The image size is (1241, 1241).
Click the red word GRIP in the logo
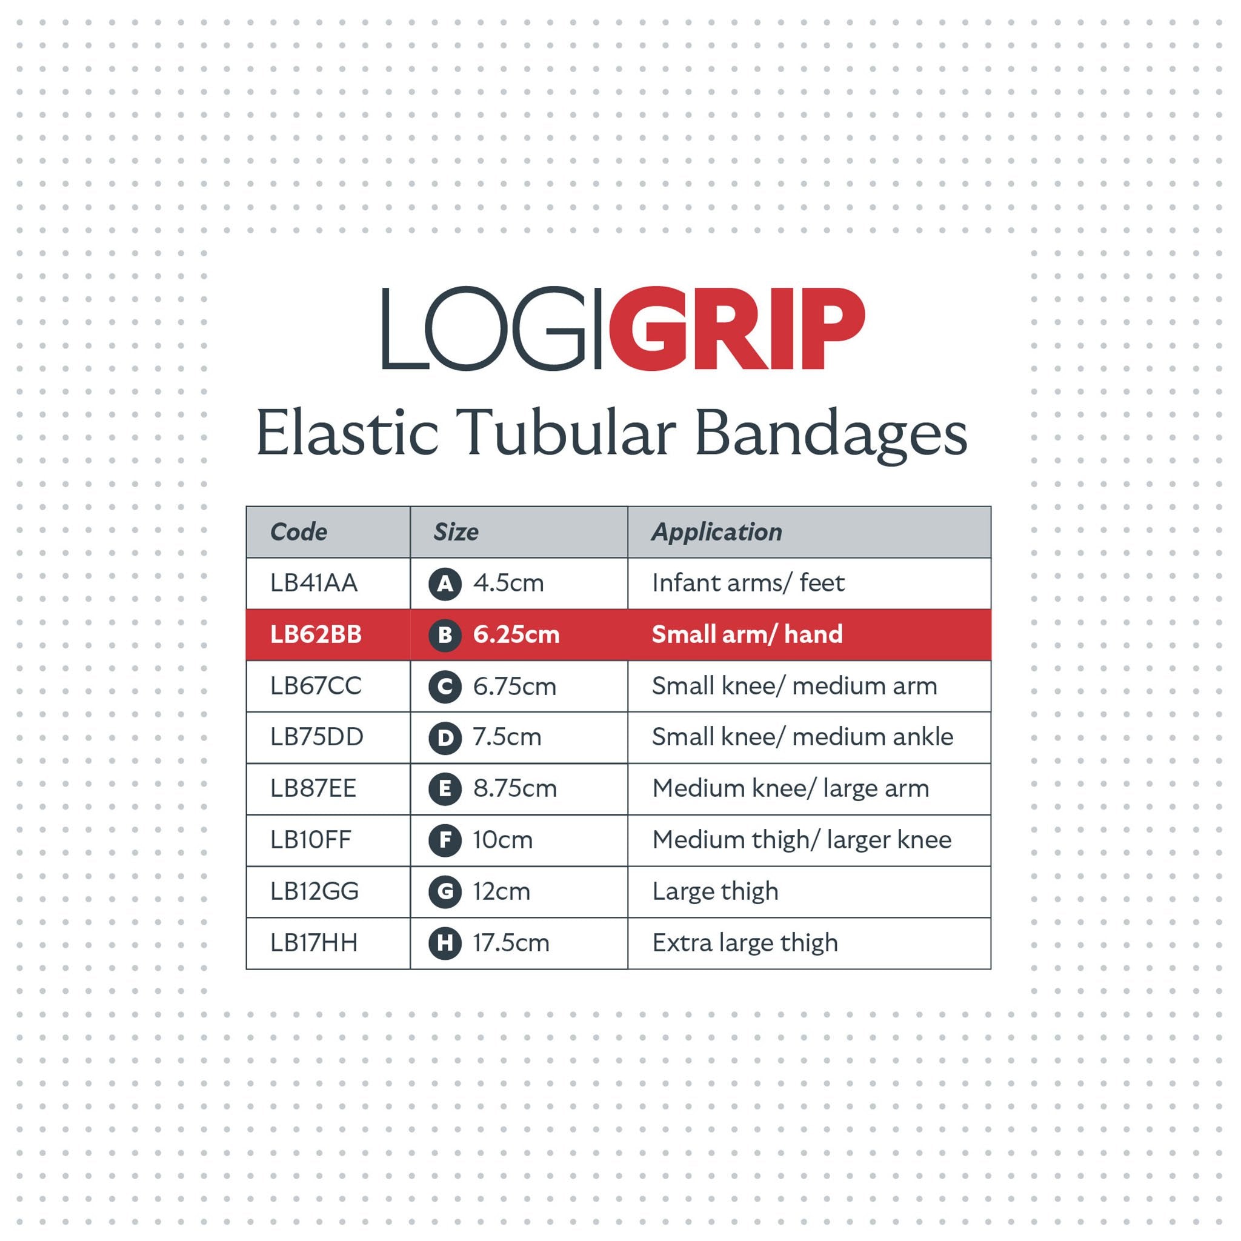click(737, 328)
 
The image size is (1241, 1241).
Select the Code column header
click(299, 532)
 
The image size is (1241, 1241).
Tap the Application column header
click(717, 533)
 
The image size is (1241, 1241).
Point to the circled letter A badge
click(445, 584)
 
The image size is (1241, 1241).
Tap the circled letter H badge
click(445, 943)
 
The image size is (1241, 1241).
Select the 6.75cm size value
click(514, 686)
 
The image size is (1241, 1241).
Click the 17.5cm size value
click(511, 943)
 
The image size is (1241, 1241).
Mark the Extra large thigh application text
click(745, 943)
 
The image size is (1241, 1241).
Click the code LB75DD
click(317, 737)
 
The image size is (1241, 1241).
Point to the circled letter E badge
click(445, 789)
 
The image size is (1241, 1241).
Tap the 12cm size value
click(502, 891)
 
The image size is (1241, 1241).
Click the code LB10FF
click(311, 839)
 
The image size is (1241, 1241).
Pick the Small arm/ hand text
click(748, 634)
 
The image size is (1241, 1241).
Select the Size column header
click(456, 532)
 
